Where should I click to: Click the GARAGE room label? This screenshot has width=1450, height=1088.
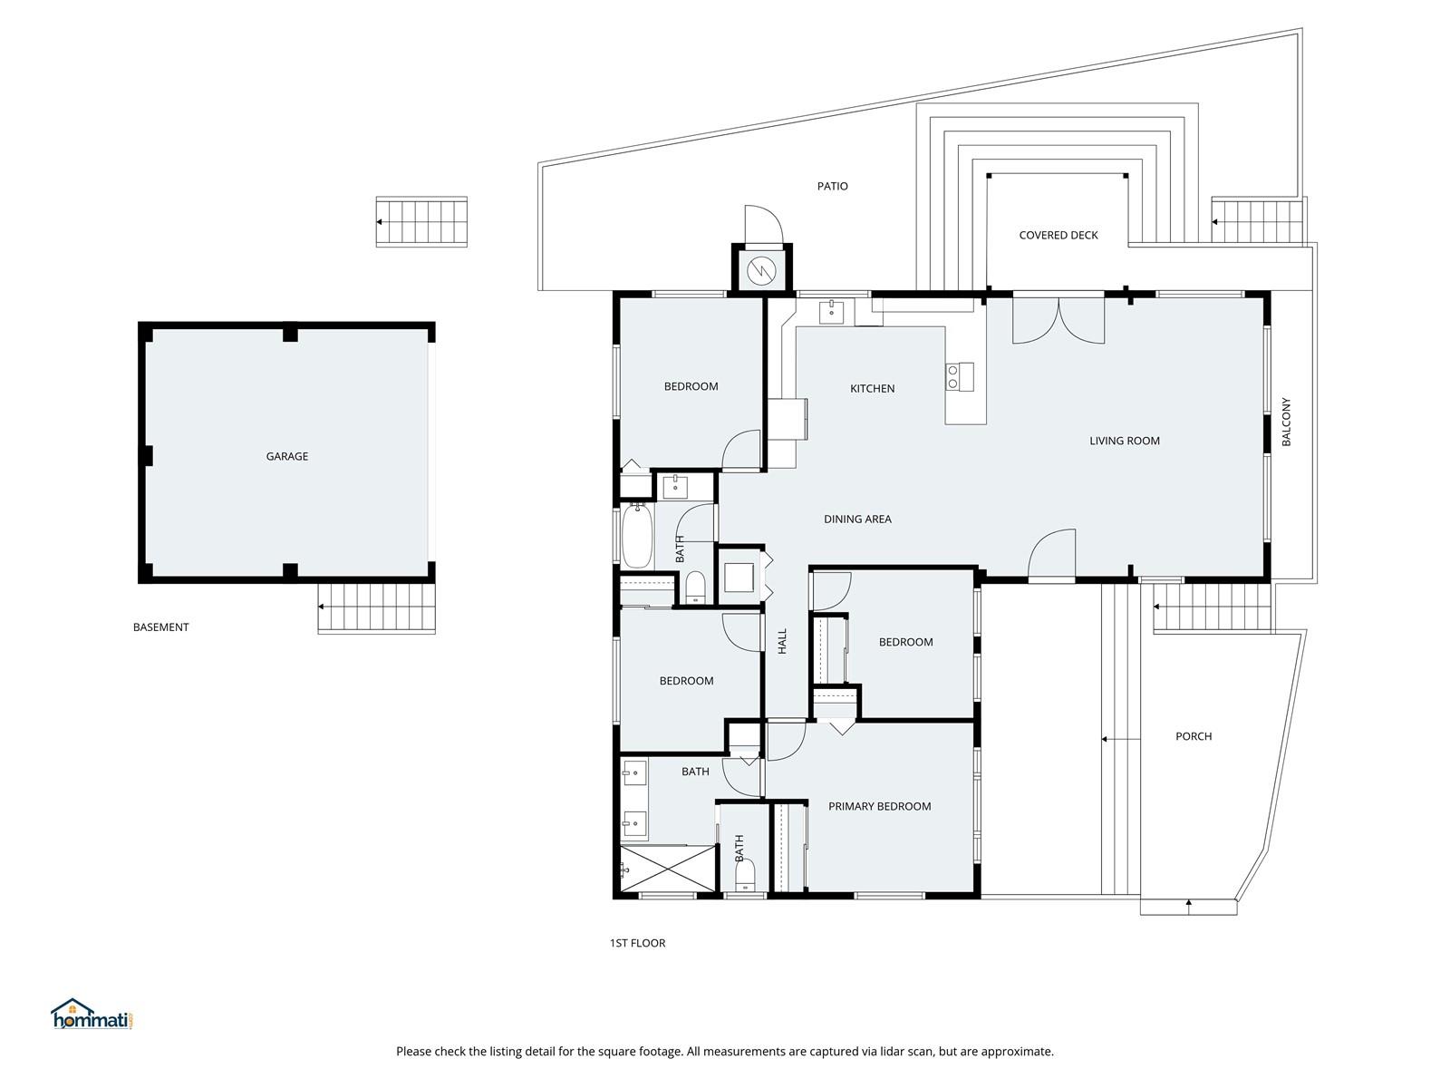(286, 456)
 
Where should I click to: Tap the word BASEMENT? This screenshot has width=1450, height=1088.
(160, 627)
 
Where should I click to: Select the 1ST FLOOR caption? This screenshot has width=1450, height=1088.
(637, 943)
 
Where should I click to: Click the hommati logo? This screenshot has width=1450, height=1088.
(92, 1014)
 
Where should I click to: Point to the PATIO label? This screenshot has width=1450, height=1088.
(832, 186)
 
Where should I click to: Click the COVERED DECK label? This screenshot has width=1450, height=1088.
(1058, 235)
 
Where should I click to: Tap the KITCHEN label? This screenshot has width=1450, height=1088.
(872, 388)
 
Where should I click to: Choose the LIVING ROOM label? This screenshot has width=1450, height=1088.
(1125, 441)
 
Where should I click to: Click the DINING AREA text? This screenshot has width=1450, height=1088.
(857, 520)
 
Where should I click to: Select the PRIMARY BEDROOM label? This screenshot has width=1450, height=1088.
(879, 806)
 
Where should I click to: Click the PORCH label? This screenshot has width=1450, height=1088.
(1194, 736)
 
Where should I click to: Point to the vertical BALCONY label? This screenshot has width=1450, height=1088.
(1286, 422)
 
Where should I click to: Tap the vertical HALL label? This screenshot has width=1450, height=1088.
(782, 641)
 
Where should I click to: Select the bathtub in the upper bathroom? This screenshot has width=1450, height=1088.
(637, 536)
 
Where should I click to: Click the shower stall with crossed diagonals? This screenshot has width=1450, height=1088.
(668, 868)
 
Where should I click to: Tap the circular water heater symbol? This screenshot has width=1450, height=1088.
(761, 270)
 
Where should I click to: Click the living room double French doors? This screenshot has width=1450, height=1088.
(1058, 320)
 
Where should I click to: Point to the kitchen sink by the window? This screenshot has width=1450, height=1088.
(831, 312)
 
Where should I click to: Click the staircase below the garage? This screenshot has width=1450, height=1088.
(376, 607)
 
